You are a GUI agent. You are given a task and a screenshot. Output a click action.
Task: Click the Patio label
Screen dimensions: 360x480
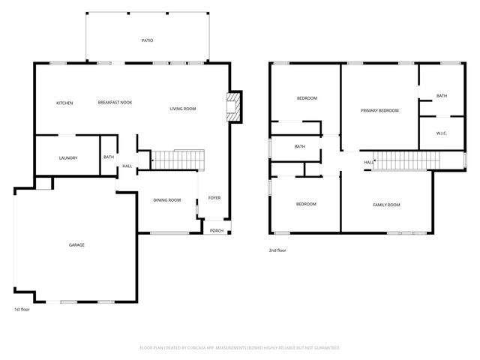147,40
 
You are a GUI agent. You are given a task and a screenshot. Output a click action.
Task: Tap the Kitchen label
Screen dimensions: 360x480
64,102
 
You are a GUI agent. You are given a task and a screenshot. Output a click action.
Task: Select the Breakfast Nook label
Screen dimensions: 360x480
115,102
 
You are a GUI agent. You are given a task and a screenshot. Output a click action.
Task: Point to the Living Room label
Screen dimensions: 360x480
182,109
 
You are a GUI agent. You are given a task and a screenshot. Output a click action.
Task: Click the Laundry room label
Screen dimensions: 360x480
68,157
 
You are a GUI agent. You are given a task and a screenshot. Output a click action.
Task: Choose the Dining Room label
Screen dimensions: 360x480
166,199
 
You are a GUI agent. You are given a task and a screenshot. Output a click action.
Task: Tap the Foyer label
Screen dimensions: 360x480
214,198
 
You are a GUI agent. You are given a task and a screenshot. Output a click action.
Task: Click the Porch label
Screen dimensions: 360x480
216,230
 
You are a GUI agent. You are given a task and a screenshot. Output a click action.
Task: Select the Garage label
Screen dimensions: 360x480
76,245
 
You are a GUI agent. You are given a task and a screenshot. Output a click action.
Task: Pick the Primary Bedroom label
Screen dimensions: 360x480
379,110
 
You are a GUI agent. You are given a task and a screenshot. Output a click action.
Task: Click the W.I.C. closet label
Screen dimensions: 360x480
442,134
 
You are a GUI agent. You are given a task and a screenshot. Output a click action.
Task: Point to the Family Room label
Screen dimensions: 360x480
387,204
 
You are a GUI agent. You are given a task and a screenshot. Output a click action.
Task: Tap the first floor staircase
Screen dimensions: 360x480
178,160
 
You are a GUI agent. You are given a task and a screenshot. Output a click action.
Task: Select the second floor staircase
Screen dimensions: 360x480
404,160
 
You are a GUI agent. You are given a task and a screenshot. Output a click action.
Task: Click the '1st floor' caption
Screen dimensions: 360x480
22,309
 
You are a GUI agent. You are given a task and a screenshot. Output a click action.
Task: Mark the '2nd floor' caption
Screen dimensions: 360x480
277,250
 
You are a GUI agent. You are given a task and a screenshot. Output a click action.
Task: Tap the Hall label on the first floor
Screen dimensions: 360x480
127,166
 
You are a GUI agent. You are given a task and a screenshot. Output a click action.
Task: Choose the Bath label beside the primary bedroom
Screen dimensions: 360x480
442,96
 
